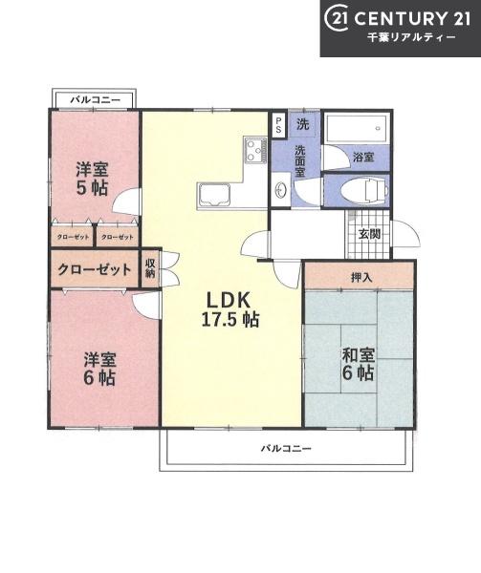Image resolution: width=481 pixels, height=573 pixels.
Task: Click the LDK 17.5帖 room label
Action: pos(230,309)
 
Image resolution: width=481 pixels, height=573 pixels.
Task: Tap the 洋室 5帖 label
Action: pos(92,179)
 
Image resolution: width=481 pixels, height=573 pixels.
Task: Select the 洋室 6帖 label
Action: pos(99,369)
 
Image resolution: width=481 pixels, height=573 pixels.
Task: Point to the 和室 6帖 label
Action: pos(358,365)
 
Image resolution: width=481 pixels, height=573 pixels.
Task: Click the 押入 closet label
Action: pos(361,278)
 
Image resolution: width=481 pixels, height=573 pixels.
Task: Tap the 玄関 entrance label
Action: pos(369,234)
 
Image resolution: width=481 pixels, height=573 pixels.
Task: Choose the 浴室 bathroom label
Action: pos(363,158)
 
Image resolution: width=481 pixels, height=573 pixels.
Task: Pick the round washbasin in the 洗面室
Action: pos(280,190)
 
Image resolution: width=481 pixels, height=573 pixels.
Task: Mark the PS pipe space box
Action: pos(278,125)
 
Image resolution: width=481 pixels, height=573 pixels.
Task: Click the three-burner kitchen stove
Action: pos(255,150)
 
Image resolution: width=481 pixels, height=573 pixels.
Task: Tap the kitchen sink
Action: pos(214,195)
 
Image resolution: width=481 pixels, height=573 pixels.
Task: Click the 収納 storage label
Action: pos(150,267)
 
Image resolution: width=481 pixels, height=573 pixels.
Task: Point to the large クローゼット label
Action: pos(94,269)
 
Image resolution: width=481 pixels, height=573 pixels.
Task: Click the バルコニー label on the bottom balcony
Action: pos(286,448)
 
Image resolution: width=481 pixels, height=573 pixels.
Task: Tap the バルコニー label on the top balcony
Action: pos(95,99)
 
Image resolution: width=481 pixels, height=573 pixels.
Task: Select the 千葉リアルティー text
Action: pos(411,37)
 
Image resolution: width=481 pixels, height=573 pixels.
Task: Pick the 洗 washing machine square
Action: pos(303,124)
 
